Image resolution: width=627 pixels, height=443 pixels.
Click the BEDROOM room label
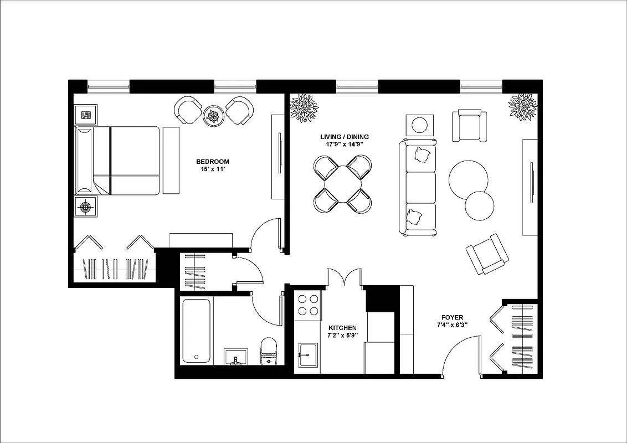pos(212,162)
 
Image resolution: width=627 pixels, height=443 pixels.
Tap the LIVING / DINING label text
pos(344,137)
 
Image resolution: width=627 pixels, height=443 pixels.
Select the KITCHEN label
pos(342,328)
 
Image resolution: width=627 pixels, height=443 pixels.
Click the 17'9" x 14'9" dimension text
pos(344,145)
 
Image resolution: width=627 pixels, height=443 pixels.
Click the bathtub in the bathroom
pos(196,331)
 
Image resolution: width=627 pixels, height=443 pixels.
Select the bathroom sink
pos(236,357)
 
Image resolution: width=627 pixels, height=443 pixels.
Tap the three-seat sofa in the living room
pos(418,188)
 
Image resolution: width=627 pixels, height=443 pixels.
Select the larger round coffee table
pos(468,179)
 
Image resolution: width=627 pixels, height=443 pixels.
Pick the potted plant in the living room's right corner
pos(522,106)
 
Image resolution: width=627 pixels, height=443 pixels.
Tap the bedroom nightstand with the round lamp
pos(85,207)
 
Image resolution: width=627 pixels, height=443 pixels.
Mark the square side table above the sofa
pos(420,125)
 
